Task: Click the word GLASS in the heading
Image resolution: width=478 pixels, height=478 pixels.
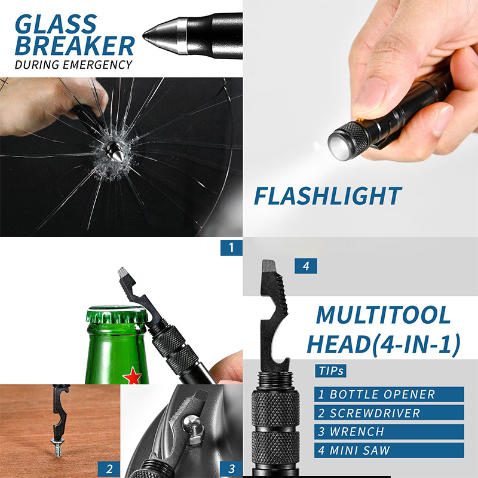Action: click(x=56, y=24)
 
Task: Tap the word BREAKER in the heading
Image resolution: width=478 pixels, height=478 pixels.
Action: click(x=75, y=46)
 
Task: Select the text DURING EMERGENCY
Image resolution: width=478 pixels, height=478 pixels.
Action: click(x=73, y=65)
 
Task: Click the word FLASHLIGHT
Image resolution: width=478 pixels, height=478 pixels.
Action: click(x=327, y=196)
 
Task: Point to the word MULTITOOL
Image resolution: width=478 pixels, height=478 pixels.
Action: click(x=383, y=315)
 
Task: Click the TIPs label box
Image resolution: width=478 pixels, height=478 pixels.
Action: click(x=331, y=371)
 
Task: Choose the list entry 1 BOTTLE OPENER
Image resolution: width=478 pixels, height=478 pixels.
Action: click(x=389, y=394)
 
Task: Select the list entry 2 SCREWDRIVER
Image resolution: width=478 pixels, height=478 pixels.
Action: click(x=389, y=413)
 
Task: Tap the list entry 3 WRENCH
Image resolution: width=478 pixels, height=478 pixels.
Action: click(x=389, y=431)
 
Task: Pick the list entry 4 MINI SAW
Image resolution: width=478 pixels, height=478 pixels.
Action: click(x=389, y=451)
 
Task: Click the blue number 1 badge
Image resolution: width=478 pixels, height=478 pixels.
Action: click(x=231, y=247)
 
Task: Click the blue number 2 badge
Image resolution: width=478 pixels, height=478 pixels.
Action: click(x=109, y=469)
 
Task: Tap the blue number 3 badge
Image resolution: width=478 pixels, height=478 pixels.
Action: click(x=231, y=469)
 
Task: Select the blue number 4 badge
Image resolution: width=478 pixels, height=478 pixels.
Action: click(x=306, y=266)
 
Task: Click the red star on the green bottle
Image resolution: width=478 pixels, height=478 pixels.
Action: click(x=132, y=376)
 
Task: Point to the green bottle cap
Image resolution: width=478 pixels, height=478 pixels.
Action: click(x=117, y=315)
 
